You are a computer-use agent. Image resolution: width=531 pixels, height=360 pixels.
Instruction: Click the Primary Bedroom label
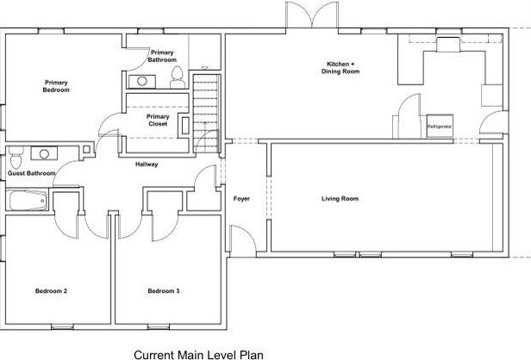(56, 86)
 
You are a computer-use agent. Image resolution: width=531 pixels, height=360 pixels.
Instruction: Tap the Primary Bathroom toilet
(177, 78)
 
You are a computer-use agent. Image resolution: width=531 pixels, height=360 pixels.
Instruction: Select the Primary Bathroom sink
(142, 82)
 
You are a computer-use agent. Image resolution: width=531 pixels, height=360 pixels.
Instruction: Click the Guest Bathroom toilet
(16, 158)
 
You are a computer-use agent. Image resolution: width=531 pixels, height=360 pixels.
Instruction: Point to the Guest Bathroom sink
(44, 153)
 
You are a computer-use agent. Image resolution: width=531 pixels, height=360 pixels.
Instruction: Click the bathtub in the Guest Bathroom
(28, 201)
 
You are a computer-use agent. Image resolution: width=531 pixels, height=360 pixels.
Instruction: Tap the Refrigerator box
(440, 127)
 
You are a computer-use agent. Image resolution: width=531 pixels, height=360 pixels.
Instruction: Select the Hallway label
(147, 164)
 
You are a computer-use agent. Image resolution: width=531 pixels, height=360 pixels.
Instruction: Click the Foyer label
(241, 199)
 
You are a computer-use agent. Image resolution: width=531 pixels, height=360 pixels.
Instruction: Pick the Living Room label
(340, 199)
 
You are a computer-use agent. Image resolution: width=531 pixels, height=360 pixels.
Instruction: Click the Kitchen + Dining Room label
(340, 68)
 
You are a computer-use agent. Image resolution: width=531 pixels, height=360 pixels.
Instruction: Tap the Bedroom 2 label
(51, 291)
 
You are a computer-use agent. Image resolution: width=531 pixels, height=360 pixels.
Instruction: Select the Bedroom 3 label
(164, 291)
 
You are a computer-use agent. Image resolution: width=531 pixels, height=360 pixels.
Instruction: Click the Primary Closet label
(158, 120)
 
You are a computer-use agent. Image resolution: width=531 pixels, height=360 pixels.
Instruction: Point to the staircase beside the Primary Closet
(205, 114)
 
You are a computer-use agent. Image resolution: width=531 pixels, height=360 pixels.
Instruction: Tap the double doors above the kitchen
(312, 15)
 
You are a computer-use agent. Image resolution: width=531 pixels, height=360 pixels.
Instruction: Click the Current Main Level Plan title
(198, 355)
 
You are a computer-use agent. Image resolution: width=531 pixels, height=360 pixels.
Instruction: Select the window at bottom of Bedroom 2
(62, 327)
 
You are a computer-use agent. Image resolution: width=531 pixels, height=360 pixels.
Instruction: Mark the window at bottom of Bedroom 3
(159, 327)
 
